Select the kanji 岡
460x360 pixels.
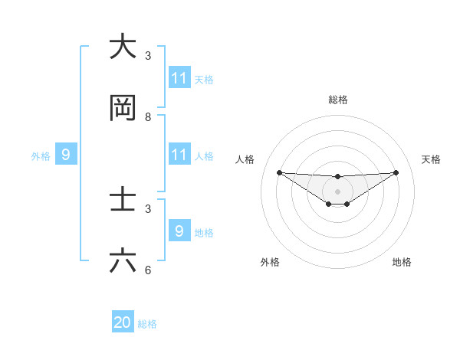coord(123,109)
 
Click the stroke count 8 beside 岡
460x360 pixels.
coord(148,117)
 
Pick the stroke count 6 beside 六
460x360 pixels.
coord(148,270)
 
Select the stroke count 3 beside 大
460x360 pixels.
coord(148,55)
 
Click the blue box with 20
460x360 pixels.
coord(123,322)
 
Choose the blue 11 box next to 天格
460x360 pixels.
coord(179,78)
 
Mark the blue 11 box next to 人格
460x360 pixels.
coord(179,155)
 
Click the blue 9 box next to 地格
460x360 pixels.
coord(179,231)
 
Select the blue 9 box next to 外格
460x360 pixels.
coord(66,155)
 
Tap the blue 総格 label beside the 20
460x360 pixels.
coord(147,324)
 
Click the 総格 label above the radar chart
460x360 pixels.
coord(338,100)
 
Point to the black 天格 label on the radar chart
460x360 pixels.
coord(432,159)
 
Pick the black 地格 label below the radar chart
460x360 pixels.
coord(402,262)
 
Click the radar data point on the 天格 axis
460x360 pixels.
coord(396,172)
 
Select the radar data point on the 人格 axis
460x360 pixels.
coord(279,172)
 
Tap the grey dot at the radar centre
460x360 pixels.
coord(338,191)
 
